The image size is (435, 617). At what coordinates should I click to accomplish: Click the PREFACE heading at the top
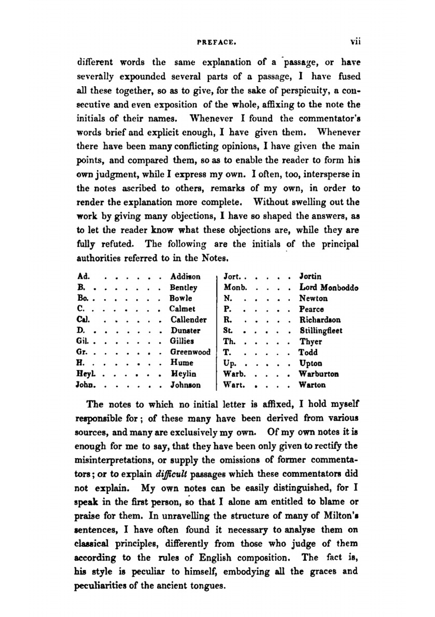click(216, 43)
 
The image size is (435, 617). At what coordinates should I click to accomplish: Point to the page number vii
click(355, 42)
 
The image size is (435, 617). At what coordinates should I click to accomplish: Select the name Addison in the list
click(185, 277)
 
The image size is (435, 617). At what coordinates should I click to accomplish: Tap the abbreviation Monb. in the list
click(235, 288)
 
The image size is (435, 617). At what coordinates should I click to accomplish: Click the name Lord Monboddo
click(328, 288)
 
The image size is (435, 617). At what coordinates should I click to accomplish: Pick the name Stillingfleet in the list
click(321, 331)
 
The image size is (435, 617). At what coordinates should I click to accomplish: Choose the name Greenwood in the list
click(190, 352)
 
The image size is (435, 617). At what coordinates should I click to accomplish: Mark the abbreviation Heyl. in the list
click(86, 374)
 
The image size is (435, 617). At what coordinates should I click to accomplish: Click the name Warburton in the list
click(318, 374)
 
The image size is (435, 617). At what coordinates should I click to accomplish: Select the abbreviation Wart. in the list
click(234, 385)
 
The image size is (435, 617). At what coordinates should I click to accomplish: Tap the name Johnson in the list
click(185, 385)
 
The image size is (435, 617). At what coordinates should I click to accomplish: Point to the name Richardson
click(320, 320)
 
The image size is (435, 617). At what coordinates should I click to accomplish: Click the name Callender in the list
click(188, 320)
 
